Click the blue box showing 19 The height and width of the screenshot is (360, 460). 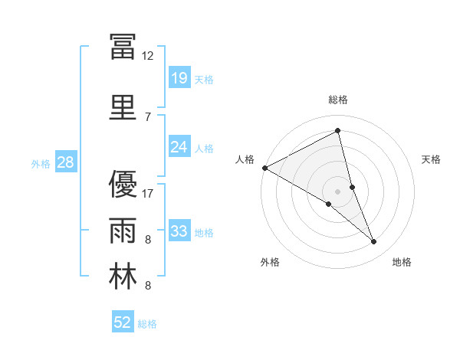point(179,78)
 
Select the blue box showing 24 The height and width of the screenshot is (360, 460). point(179,147)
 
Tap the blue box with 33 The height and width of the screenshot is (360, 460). point(179,231)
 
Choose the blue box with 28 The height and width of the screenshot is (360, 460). point(65,162)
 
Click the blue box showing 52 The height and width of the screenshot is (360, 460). point(123,322)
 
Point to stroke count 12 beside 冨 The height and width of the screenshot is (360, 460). point(147,56)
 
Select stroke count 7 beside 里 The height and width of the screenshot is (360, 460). point(147,116)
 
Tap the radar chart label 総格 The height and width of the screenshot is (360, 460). point(337,100)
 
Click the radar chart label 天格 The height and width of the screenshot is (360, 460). point(431,159)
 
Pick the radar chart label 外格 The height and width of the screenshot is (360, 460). point(270,262)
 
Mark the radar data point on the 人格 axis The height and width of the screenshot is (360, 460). point(264,167)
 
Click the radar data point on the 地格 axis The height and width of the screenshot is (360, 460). point(374,242)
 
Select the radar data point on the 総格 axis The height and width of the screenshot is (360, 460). point(337,131)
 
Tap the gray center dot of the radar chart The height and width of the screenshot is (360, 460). point(337,191)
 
